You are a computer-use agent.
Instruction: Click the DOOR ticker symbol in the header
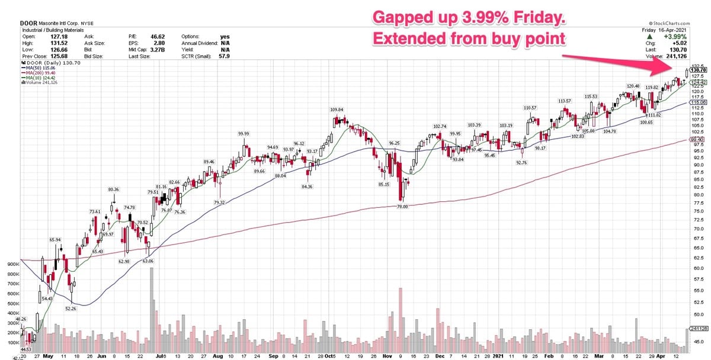click(x=28, y=23)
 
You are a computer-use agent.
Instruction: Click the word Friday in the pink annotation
click(x=537, y=18)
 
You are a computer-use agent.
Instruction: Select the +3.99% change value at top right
click(x=677, y=36)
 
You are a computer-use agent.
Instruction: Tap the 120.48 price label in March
click(x=633, y=86)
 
